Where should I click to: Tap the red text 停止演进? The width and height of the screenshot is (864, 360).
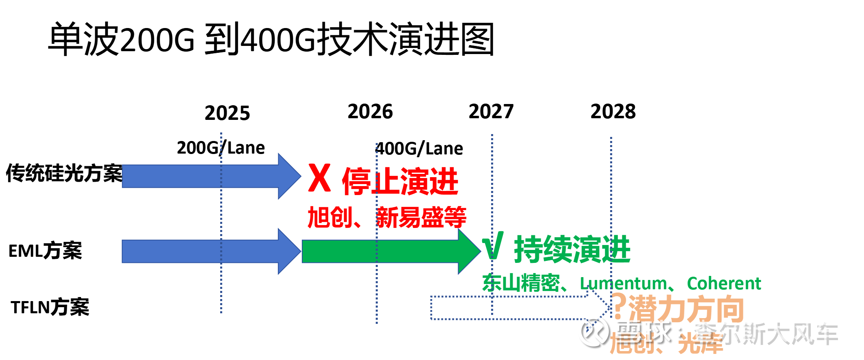(x=400, y=181)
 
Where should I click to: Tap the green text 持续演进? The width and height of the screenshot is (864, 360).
(x=572, y=249)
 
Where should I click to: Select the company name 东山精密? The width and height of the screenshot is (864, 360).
(x=521, y=283)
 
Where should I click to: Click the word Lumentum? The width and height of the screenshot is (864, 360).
(x=623, y=283)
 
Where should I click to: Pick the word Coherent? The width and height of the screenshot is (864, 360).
(x=723, y=283)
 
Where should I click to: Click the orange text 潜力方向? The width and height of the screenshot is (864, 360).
(x=686, y=309)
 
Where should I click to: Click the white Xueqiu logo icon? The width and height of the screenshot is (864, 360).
(x=593, y=331)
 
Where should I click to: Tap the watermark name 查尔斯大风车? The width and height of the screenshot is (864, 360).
(x=764, y=331)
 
